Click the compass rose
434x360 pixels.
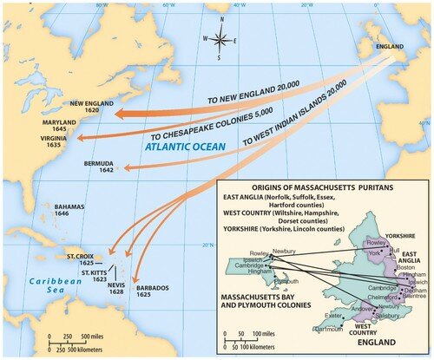click(223, 39)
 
